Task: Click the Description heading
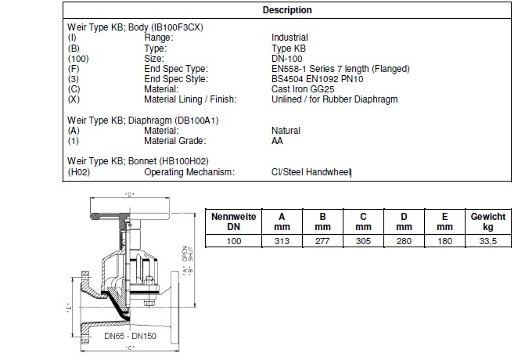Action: pyautogui.click(x=287, y=10)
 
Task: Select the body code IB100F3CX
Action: pyautogui.click(x=178, y=27)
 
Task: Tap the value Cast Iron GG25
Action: pyautogui.click(x=303, y=89)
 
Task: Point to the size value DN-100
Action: pyautogui.click(x=287, y=59)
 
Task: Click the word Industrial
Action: pyautogui.click(x=289, y=38)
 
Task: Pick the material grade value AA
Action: pyautogui.click(x=277, y=141)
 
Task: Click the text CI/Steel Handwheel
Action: pyautogui.click(x=311, y=172)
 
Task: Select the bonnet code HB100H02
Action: pyautogui.click(x=184, y=161)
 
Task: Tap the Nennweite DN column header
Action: pyautogui.click(x=233, y=221)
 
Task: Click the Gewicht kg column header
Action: pyautogui.click(x=487, y=221)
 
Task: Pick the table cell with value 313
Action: pyautogui.click(x=282, y=241)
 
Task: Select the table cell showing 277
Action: pyautogui.click(x=322, y=241)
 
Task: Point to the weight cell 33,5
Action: pyautogui.click(x=487, y=241)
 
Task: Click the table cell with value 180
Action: pyautogui.click(x=444, y=241)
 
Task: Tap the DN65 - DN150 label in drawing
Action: pyautogui.click(x=130, y=336)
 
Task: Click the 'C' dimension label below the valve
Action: pyautogui.click(x=130, y=347)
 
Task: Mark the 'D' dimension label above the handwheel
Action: pyautogui.click(x=130, y=195)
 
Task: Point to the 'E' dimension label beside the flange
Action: pyautogui.click(x=69, y=308)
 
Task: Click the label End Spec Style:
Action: pyautogui.click(x=176, y=79)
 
